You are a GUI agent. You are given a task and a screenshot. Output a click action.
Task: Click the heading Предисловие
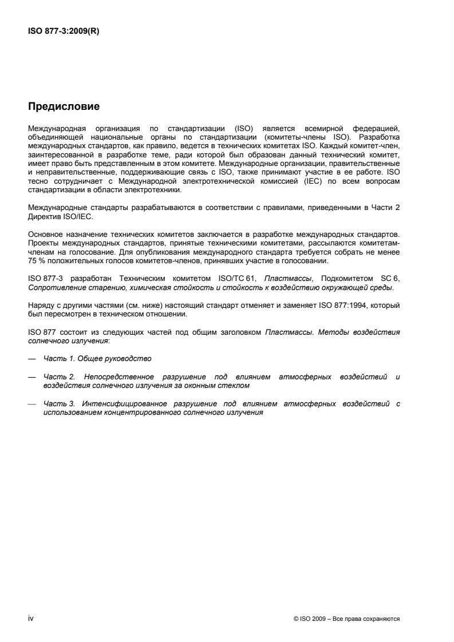click(64, 107)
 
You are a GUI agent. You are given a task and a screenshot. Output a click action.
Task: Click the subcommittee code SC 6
click(389, 279)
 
